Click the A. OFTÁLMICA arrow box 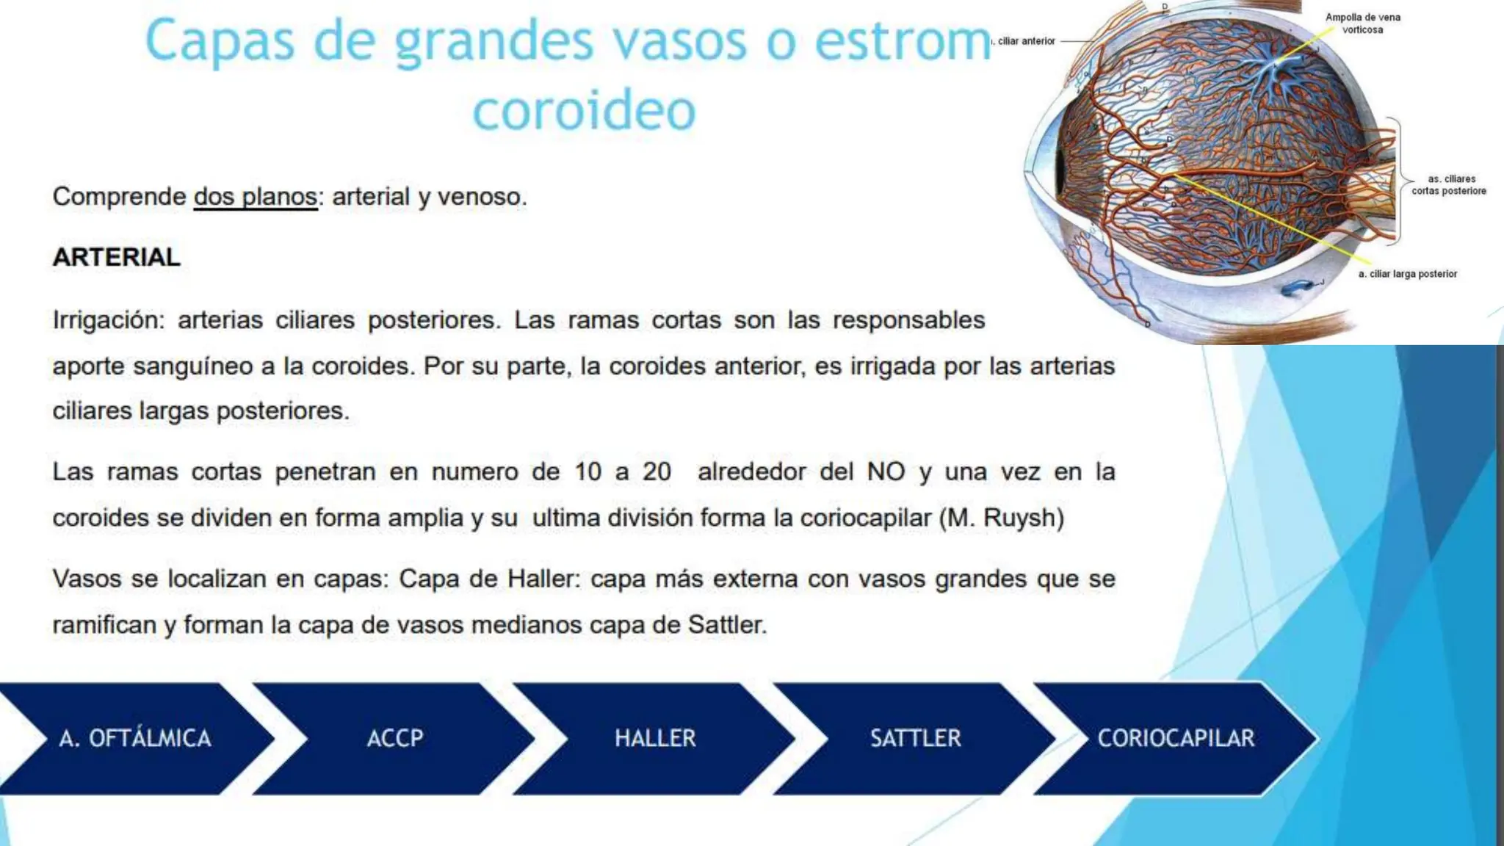click(136, 738)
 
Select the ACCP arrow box click(394, 738)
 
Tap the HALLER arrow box click(654, 738)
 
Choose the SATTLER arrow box click(915, 738)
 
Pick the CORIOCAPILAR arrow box click(1176, 738)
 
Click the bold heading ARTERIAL click(117, 257)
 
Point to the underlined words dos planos click(256, 197)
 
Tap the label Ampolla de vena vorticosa click(1362, 23)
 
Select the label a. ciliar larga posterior click(1407, 274)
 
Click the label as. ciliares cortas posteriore click(1448, 185)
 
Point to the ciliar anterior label click(1024, 41)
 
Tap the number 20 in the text click(657, 471)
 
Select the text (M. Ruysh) click(1002, 518)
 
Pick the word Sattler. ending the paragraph click(727, 625)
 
